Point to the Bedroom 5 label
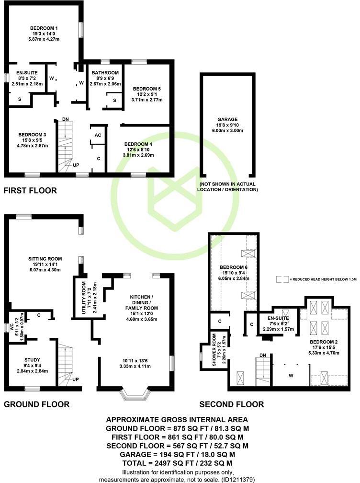coord(147,89)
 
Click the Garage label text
coord(227,119)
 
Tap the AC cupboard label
coord(98,136)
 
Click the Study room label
coord(33,359)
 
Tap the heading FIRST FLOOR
coord(30,190)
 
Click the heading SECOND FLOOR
coord(231,404)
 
